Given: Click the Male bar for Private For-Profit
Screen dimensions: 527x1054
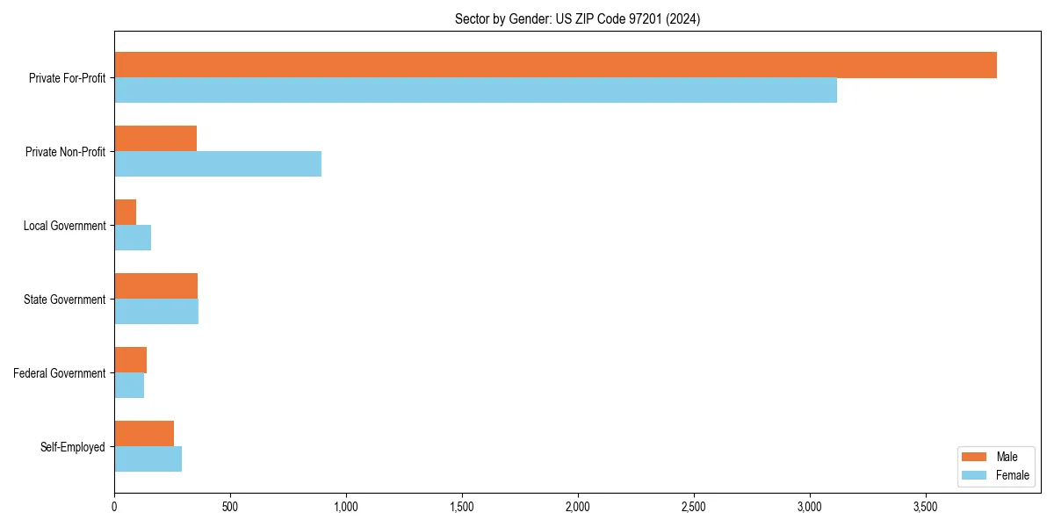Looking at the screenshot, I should point(555,65).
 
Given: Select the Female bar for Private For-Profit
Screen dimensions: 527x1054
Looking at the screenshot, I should point(475,90).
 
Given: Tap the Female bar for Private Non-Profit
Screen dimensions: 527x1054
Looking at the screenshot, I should point(218,164).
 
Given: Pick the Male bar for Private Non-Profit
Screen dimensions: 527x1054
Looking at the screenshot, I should point(155,139).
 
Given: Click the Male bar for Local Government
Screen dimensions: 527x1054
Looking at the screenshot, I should point(126,213).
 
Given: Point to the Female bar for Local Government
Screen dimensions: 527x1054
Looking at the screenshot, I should point(133,238).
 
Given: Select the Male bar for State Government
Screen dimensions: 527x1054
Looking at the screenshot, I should point(155,286).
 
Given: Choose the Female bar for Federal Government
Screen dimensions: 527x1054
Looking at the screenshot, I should point(129,386).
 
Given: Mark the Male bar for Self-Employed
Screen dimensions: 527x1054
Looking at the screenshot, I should point(144,434).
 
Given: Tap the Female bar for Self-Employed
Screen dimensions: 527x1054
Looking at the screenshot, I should point(148,459).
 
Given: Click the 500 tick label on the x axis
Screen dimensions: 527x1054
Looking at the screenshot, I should point(230,507).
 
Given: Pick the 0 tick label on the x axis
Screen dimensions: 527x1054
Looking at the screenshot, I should point(114,507).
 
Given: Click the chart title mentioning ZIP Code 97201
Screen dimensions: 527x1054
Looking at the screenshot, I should point(577,18).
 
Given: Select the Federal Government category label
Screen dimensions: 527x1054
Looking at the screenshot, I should point(60,373).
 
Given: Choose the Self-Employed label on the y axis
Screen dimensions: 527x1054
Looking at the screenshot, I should point(73,447).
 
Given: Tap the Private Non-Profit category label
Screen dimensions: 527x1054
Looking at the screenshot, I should point(65,152).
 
